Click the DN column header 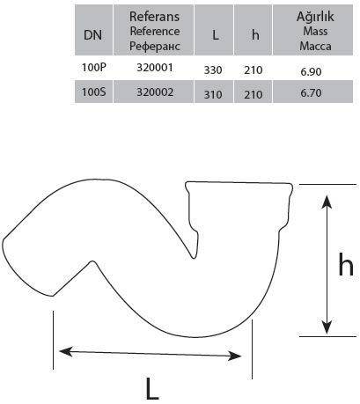tap(92, 35)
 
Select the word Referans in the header tap(154, 17)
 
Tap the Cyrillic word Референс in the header tap(155, 47)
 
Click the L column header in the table tap(215, 35)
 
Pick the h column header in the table tap(255, 35)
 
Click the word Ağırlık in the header tap(315, 16)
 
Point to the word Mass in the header tap(315, 31)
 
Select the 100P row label tap(93, 68)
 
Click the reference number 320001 tap(155, 68)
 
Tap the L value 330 tap(213, 70)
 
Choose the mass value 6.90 tap(311, 72)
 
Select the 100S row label tap(93, 92)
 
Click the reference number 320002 tap(155, 92)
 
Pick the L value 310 tap(213, 95)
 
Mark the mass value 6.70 tap(311, 93)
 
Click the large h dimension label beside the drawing tap(346, 264)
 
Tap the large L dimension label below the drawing tap(152, 389)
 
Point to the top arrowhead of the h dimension tap(327, 202)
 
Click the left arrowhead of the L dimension tap(66, 351)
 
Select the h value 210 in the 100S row tap(253, 95)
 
